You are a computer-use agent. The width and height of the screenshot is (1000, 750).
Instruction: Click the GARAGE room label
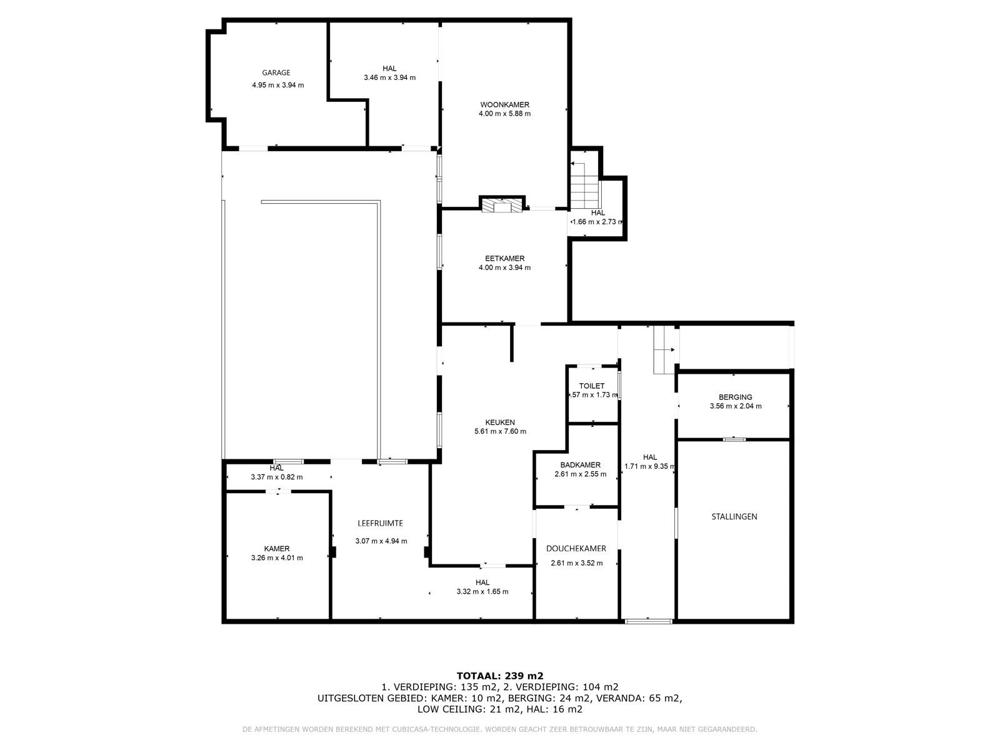276,73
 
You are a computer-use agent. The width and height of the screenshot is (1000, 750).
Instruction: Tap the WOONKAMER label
504,105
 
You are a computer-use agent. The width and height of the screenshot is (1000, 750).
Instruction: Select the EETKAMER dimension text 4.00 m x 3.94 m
504,267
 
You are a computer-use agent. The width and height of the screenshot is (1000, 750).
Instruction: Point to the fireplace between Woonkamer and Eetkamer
502,206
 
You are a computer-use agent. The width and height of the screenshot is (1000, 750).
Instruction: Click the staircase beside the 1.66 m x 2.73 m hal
584,186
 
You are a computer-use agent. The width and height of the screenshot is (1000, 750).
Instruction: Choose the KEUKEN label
500,422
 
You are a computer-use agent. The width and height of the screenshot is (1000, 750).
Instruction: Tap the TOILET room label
591,386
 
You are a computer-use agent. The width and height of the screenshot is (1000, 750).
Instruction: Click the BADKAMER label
580,465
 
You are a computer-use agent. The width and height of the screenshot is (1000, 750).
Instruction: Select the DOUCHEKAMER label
576,549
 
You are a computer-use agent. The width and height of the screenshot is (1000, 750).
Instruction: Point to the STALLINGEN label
734,516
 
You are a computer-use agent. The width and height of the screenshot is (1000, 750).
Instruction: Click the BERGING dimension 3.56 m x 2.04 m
735,406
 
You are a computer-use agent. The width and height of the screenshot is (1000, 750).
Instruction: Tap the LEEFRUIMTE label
380,523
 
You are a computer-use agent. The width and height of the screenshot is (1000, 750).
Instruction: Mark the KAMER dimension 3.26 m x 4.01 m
276,558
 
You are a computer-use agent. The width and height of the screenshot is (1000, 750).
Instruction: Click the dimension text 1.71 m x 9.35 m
649,466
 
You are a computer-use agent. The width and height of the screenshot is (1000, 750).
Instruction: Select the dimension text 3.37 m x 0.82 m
276,477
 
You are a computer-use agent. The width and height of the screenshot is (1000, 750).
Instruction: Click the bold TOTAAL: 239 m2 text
500,676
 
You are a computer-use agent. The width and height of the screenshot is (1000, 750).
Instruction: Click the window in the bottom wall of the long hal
648,621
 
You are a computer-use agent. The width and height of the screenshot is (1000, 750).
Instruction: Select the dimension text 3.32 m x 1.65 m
482,591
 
